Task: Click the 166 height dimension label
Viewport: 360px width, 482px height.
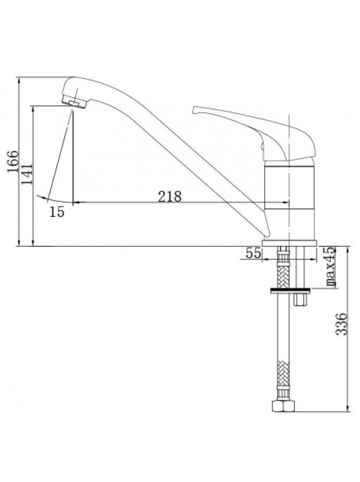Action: tap(13, 161)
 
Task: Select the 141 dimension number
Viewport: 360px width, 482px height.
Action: tap(27, 174)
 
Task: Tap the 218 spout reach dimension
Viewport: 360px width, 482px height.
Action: tap(169, 196)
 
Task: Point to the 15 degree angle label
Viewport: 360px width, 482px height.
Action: tap(57, 212)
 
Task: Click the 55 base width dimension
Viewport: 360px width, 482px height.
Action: tap(253, 253)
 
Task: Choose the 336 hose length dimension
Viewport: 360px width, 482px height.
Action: tap(341, 324)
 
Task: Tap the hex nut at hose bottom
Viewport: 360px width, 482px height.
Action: tap(283, 405)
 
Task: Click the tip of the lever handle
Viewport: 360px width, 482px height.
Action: tap(194, 110)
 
